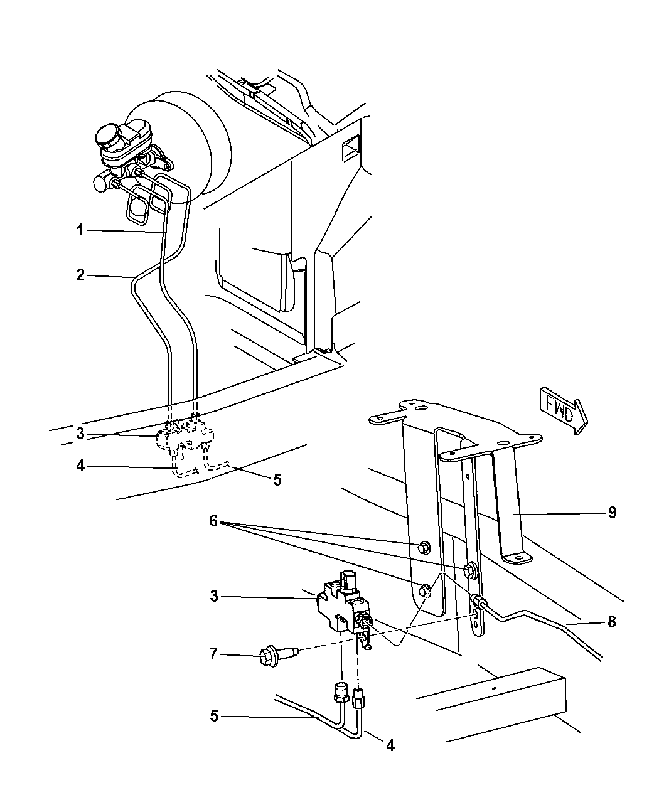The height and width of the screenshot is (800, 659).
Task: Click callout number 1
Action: tap(80, 230)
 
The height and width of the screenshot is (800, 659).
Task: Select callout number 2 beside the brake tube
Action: tap(80, 275)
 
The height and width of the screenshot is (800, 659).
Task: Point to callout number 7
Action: tap(214, 655)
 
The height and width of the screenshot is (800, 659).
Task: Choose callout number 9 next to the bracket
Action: tap(612, 513)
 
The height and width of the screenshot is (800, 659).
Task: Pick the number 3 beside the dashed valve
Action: tap(80, 433)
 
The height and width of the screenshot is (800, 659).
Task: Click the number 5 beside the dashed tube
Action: tap(277, 481)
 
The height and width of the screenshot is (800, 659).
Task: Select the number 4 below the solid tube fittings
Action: tap(390, 746)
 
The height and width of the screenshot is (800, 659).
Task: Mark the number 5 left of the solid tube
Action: tap(214, 716)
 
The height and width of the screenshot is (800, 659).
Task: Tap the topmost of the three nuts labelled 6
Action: tap(424, 547)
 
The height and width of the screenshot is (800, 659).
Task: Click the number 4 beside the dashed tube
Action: tap(80, 467)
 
